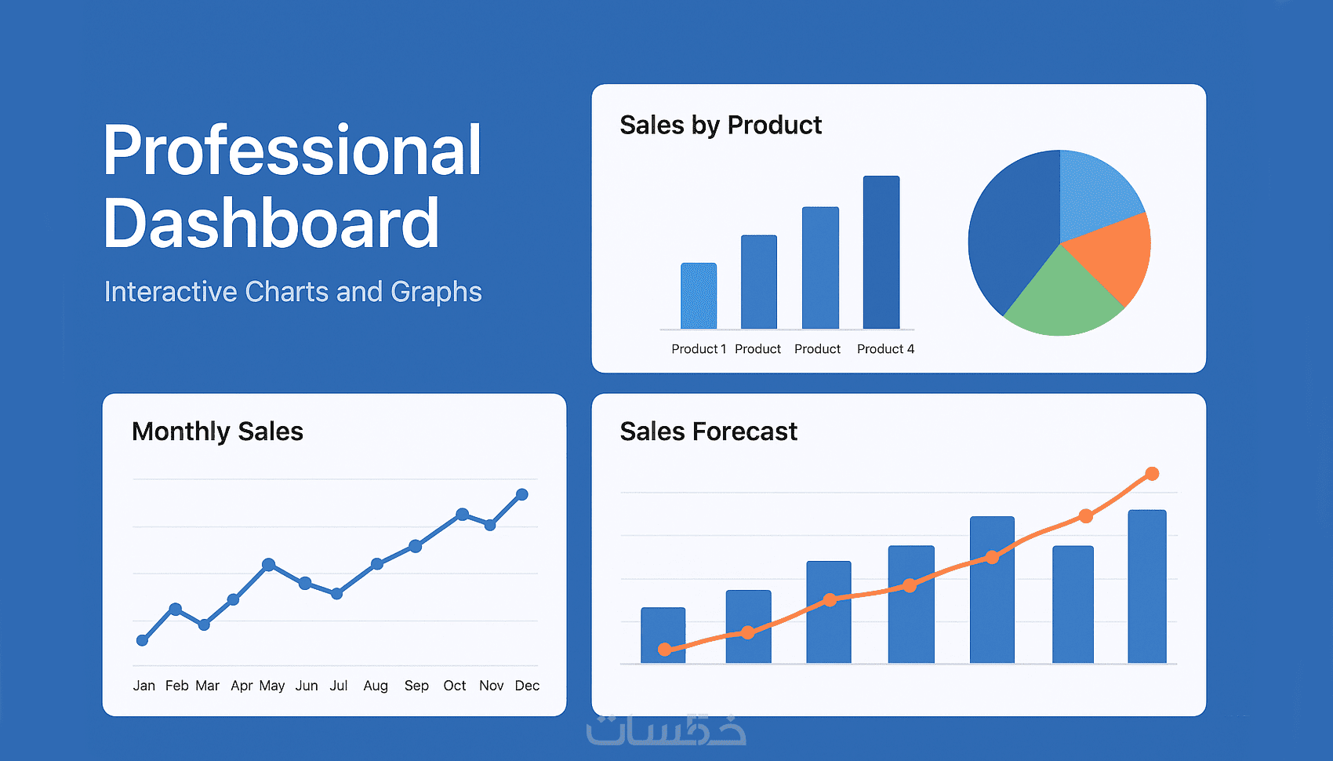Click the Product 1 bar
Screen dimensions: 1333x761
click(x=699, y=295)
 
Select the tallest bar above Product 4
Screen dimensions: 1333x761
click(x=881, y=252)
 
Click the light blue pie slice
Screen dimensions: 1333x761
click(x=1095, y=191)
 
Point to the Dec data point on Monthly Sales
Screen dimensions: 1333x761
click(x=522, y=494)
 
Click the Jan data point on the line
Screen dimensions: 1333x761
click(x=142, y=640)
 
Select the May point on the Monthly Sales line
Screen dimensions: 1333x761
click(x=268, y=564)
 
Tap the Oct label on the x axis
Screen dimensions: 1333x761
click(x=455, y=686)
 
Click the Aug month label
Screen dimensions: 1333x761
click(x=376, y=686)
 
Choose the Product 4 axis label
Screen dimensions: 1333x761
click(x=885, y=349)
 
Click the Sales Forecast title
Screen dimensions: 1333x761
click(x=708, y=431)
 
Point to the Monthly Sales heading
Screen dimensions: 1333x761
click(x=217, y=431)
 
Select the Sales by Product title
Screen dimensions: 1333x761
click(x=721, y=126)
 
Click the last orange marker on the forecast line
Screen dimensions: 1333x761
click(x=1152, y=473)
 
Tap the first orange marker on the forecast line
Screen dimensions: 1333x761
click(x=665, y=649)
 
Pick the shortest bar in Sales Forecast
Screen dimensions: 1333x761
click(x=663, y=635)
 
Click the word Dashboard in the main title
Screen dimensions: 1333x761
click(x=271, y=223)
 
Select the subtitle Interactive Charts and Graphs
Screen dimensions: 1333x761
click(x=292, y=292)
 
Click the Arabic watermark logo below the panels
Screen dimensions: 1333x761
click(x=666, y=730)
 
